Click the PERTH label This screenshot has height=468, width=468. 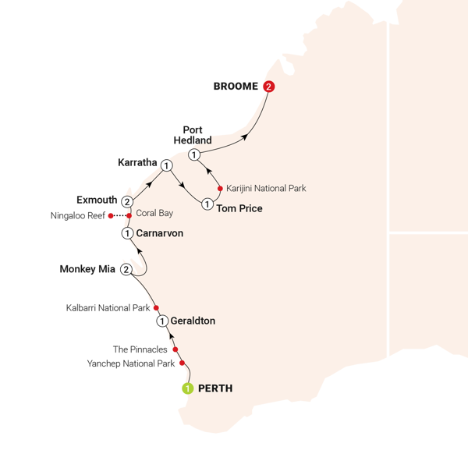[x=216, y=388]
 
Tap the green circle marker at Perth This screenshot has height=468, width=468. [x=187, y=388]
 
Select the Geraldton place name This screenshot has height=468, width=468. [x=192, y=321]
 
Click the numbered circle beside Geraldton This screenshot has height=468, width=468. [x=161, y=321]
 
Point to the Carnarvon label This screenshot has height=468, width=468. [x=159, y=232]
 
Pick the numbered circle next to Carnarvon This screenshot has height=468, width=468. [x=126, y=232]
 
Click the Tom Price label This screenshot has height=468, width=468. [x=239, y=208]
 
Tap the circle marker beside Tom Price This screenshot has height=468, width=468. [x=207, y=204]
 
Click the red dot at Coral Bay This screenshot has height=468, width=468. [x=129, y=216]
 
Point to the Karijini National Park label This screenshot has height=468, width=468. [x=266, y=188]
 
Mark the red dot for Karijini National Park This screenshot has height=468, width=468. [x=221, y=188]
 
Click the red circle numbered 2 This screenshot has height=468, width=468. [x=269, y=87]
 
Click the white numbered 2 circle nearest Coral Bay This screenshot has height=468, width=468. [x=126, y=201]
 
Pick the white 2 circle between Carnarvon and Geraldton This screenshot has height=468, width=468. [x=126, y=269]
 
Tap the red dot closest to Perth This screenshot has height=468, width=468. [x=181, y=364]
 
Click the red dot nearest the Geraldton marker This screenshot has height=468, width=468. [x=156, y=308]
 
